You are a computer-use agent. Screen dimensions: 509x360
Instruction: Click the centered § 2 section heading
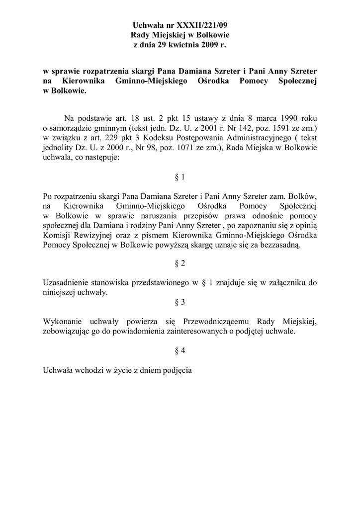[x=180, y=262]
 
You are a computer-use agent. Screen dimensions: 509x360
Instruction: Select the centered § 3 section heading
[x=180, y=302]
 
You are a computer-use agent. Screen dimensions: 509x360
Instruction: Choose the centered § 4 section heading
[x=180, y=350]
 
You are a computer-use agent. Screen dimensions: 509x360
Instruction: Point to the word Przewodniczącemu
[x=213, y=322]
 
